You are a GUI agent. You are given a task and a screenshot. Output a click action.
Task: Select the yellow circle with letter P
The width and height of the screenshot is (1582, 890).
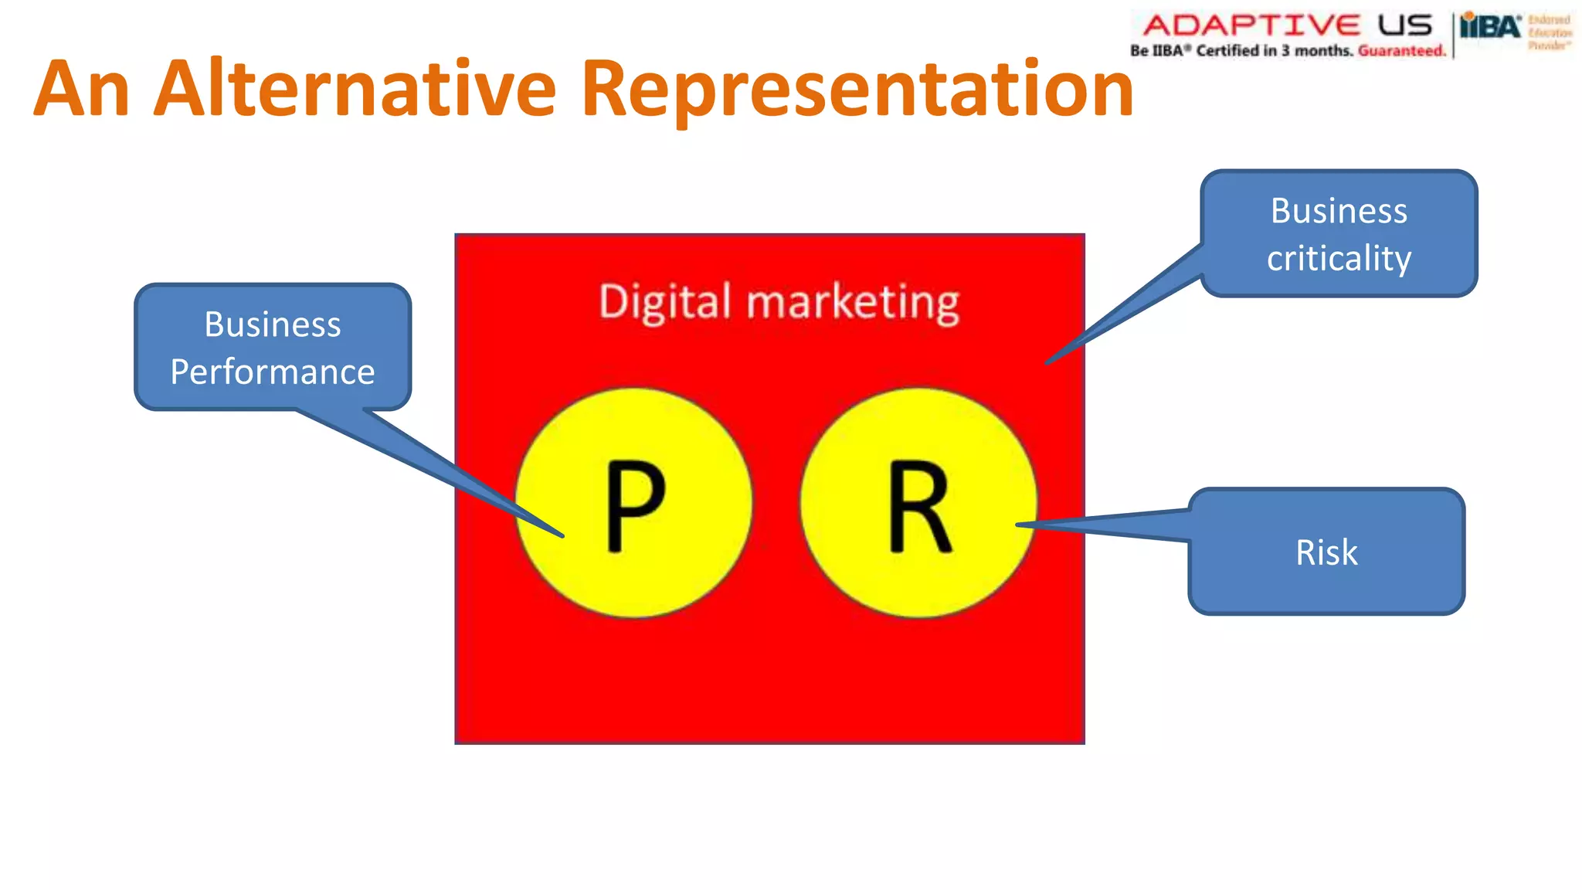point(633,503)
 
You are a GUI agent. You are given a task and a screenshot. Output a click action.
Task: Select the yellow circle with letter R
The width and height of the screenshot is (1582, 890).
point(918,503)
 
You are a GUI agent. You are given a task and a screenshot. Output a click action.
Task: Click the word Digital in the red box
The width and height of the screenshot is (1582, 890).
point(664,301)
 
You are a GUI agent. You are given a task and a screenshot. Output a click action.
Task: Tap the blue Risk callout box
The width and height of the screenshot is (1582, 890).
point(1326,552)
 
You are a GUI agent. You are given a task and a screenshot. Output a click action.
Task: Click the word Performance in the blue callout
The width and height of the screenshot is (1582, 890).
point(273,372)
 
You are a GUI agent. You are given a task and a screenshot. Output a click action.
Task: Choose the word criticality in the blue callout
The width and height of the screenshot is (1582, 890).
point(1339,258)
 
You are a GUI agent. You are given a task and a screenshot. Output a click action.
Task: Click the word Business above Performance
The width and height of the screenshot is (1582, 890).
point(273,324)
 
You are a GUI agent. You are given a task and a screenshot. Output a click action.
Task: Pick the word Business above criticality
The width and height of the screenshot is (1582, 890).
point(1339,211)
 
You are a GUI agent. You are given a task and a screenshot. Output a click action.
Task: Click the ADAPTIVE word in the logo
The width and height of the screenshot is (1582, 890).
point(1251,25)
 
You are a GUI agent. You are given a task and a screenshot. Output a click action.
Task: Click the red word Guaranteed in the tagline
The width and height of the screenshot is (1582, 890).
point(1401,51)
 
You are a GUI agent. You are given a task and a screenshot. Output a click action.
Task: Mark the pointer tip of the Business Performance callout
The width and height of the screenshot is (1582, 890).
point(562,535)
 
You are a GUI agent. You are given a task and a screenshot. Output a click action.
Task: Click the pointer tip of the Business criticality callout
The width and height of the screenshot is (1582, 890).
point(1047,362)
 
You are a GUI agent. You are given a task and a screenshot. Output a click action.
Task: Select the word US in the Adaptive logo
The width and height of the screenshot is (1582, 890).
point(1405,25)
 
